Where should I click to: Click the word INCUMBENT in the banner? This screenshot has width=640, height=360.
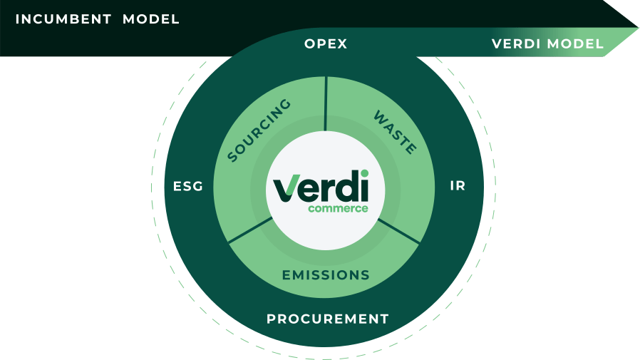(x=63, y=19)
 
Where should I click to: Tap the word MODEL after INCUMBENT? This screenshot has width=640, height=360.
(x=151, y=19)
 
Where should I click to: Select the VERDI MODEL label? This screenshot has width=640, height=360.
(x=547, y=44)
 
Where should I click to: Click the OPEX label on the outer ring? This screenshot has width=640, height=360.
(x=326, y=44)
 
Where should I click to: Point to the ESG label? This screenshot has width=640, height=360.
(x=188, y=187)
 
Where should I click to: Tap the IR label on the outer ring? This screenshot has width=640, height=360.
(x=458, y=186)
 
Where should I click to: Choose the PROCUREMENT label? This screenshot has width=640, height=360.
(x=328, y=319)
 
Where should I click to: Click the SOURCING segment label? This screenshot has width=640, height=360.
(x=259, y=131)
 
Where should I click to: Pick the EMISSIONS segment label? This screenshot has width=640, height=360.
(x=326, y=275)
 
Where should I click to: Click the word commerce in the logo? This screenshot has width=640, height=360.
(x=338, y=209)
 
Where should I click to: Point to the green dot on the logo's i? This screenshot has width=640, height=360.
(x=364, y=173)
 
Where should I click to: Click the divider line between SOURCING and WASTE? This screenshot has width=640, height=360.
(x=326, y=104)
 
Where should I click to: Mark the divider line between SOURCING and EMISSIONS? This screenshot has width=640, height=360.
(x=250, y=230)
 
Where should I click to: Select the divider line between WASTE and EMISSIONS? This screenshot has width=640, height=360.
(x=401, y=230)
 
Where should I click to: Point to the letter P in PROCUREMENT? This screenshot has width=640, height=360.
(x=272, y=319)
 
